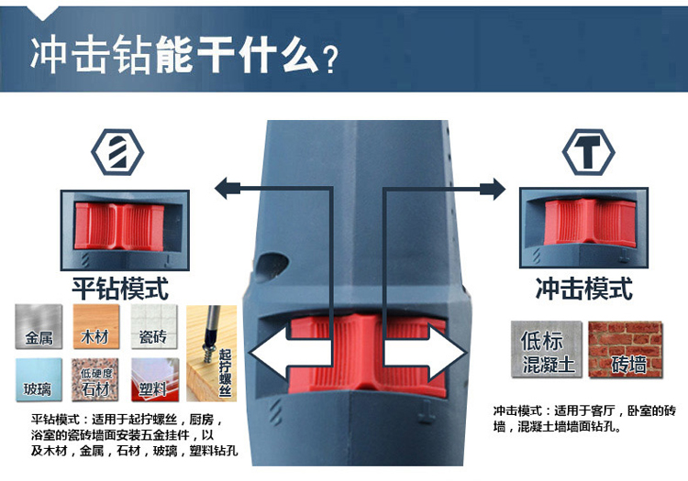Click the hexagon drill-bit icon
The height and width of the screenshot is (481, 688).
117,152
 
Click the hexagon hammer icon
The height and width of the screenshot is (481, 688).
588,152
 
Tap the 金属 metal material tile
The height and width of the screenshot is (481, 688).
39,326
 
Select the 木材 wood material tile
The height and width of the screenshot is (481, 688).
96,326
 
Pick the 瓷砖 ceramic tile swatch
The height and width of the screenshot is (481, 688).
153,326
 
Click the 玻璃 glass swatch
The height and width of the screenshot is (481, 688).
39,379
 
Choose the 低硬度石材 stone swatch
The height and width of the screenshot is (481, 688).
95,379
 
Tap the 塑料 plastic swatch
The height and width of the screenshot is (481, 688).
155,379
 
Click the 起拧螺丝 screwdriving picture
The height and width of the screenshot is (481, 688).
212,353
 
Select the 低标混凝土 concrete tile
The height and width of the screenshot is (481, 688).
547,349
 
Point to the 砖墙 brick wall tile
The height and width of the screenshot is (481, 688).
626,349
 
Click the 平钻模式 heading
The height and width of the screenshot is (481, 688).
120,289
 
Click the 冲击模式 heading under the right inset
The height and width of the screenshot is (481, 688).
584,289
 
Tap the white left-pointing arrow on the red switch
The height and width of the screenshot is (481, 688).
290,352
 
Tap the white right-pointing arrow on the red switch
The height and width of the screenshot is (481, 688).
426,352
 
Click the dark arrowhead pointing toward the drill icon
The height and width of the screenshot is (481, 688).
227,189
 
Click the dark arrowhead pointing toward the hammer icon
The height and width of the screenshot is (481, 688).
493,189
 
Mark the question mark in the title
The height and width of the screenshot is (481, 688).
330,60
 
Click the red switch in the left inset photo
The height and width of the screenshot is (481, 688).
119,226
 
